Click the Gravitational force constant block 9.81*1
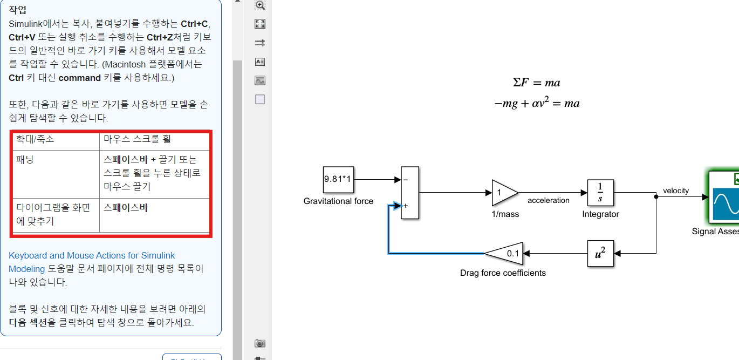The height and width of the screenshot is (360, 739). [x=338, y=180]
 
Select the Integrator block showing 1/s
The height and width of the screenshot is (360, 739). [x=600, y=193]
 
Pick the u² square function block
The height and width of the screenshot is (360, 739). [x=600, y=253]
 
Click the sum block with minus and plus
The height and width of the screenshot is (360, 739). [x=410, y=193]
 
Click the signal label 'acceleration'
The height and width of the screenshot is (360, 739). [x=548, y=201]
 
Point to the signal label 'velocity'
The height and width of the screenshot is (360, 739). [x=675, y=191]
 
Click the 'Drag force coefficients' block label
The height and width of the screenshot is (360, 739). [x=503, y=273]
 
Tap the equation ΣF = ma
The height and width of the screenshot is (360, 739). [x=536, y=83]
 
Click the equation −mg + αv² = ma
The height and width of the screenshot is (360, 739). [x=537, y=103]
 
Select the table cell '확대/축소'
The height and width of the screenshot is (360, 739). [x=35, y=139]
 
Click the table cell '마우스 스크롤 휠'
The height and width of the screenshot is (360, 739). [x=137, y=139]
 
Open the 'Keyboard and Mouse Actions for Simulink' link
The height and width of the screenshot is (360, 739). [x=92, y=256]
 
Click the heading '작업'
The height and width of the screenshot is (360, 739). [x=18, y=10]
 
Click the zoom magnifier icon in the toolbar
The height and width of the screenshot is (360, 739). [x=260, y=5]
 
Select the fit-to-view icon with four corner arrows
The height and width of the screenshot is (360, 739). [x=260, y=24]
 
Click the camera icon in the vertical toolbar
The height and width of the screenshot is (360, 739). [x=260, y=343]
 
